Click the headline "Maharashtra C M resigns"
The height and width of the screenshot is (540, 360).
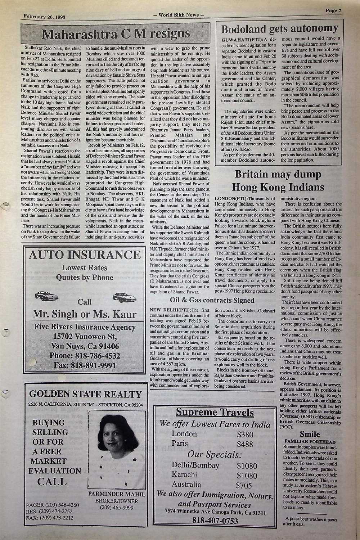[x=116, y=34]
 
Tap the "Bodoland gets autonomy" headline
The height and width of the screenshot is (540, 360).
[x=279, y=28]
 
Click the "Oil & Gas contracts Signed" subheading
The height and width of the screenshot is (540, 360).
[x=212, y=300]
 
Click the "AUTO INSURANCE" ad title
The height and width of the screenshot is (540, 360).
[x=85, y=255]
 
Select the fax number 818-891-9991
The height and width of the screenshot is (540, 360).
[x=85, y=366]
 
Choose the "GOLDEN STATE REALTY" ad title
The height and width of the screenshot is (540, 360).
[x=85, y=393]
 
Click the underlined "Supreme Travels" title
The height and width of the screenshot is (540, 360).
[x=215, y=413]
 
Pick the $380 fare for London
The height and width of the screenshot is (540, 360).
[x=245, y=434]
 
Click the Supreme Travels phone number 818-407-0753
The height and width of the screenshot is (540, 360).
[x=215, y=521]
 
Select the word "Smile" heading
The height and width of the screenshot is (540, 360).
[x=310, y=434]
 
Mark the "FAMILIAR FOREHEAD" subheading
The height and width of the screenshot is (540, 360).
[x=310, y=441]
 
